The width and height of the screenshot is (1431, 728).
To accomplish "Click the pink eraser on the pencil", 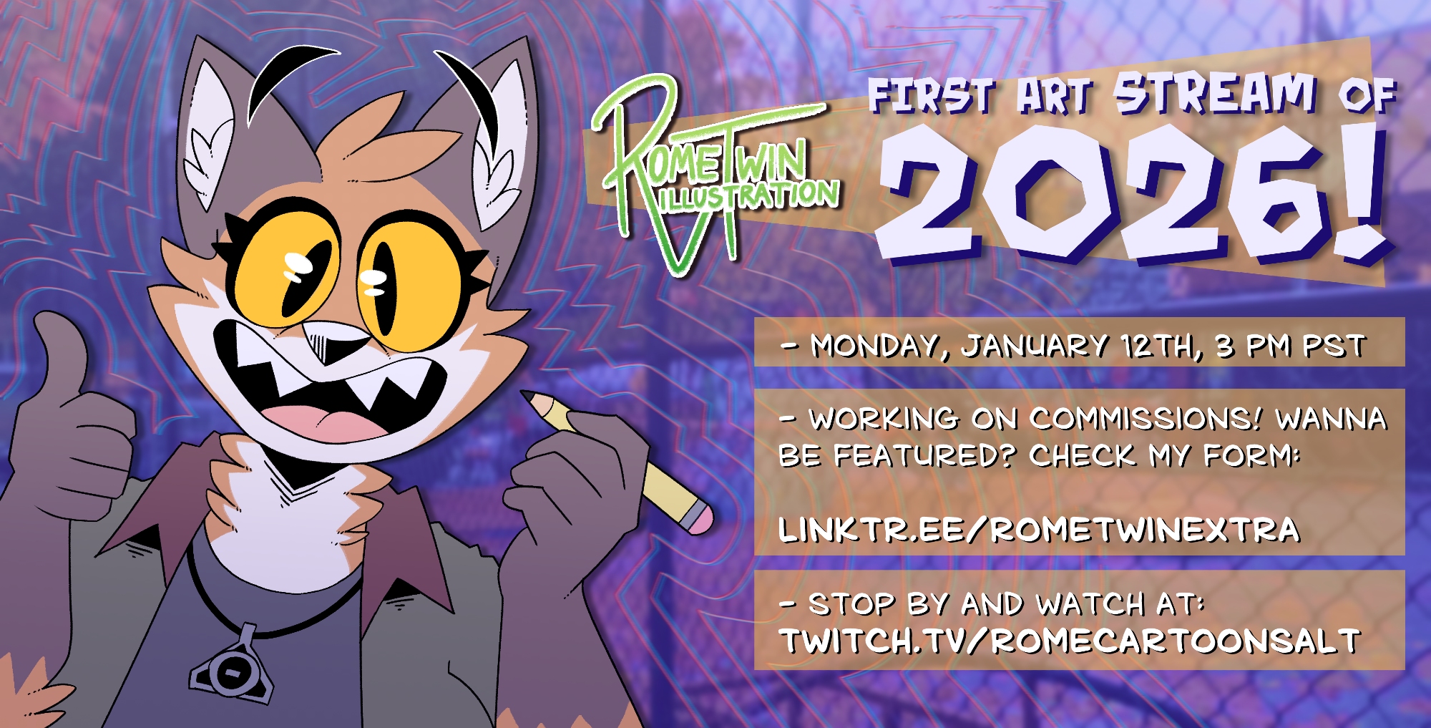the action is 696,518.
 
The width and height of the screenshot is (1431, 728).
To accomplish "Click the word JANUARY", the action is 1035,346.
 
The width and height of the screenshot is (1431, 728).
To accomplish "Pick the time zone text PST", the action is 1334,346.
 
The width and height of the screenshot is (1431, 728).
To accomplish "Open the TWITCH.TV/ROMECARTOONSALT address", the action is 1069,641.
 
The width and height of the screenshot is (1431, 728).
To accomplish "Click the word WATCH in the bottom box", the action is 1090,605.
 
